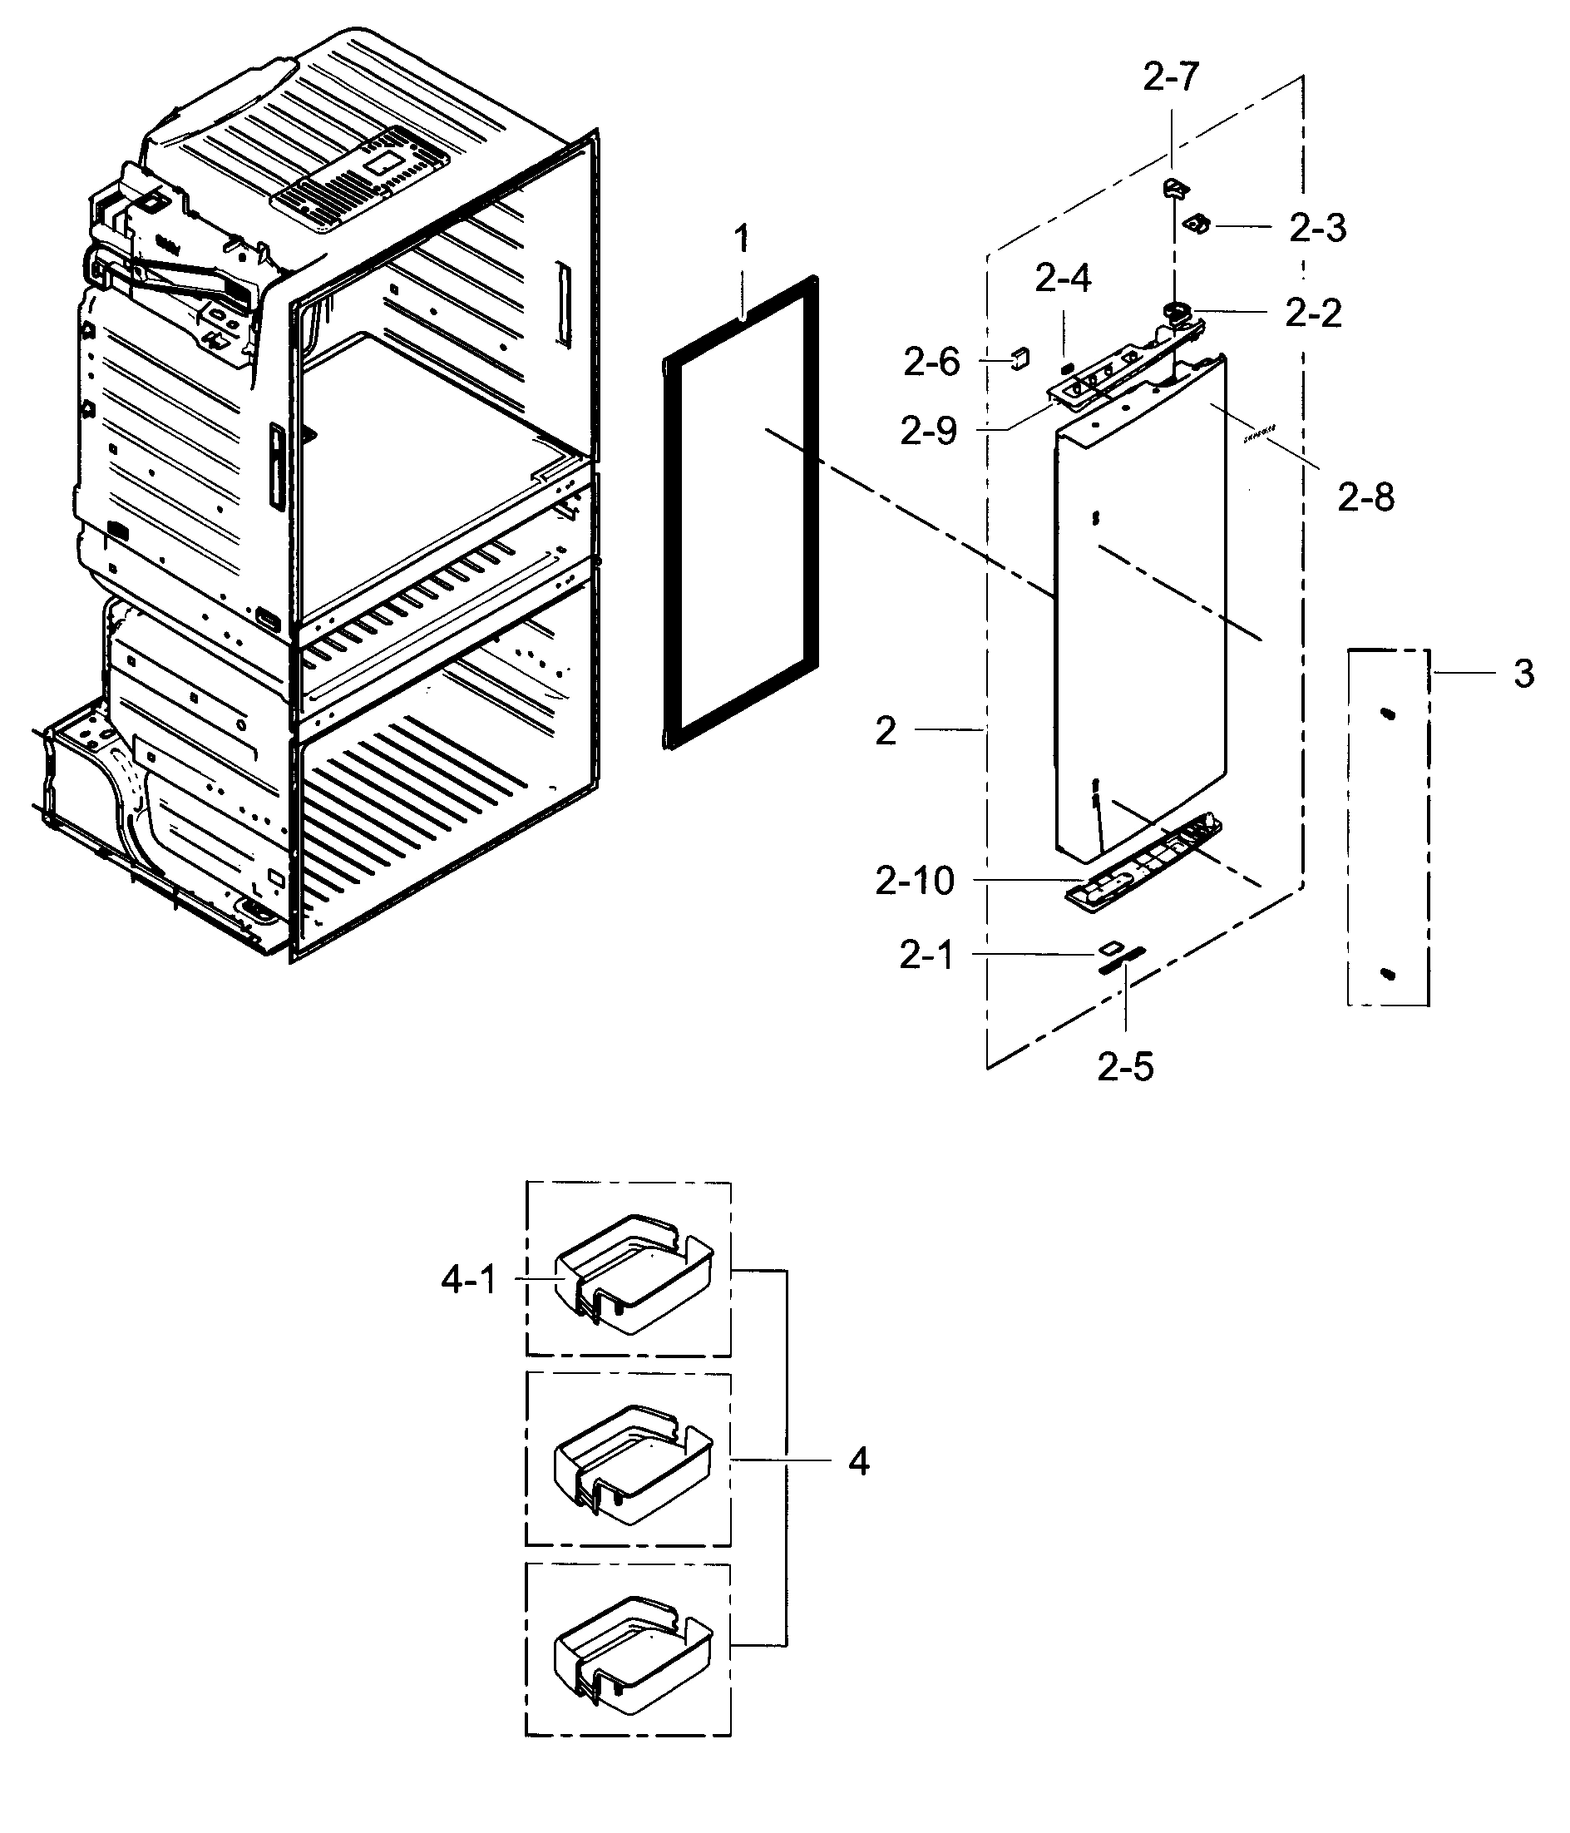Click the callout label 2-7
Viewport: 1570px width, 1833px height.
click(1170, 78)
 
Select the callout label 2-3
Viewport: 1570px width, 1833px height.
click(1317, 228)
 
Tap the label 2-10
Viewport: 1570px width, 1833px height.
click(915, 880)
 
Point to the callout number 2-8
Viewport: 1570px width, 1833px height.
click(1365, 498)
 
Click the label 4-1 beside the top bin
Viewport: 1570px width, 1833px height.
click(469, 1279)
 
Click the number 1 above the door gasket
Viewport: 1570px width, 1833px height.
click(741, 238)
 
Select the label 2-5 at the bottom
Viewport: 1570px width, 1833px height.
click(1125, 1067)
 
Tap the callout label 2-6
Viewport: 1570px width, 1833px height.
click(931, 362)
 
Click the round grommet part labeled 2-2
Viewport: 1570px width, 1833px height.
click(1178, 310)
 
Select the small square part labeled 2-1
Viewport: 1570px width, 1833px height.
click(1108, 948)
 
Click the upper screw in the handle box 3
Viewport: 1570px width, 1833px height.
click(1387, 714)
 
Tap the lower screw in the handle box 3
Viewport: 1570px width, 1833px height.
click(1387, 973)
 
